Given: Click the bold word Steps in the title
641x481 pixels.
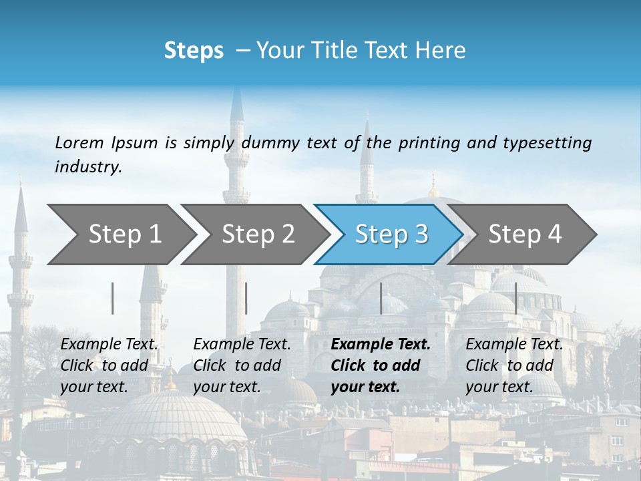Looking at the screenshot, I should click(x=194, y=51).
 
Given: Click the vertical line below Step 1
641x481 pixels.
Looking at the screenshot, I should click(x=113, y=298).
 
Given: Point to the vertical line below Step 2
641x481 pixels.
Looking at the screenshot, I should click(x=246, y=298).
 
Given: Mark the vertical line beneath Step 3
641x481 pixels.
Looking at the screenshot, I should click(x=381, y=298).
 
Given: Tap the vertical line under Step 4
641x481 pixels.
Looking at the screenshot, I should click(x=515, y=298).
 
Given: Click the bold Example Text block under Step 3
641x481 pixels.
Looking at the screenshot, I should click(x=381, y=365).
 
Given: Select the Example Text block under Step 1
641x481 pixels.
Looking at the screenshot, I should click(x=109, y=365).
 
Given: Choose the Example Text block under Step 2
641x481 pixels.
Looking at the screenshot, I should click(x=242, y=365).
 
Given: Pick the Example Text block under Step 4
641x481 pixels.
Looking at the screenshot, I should click(x=514, y=365).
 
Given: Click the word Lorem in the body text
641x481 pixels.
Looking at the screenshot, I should click(x=79, y=142).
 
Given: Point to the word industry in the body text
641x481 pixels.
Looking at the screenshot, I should click(x=88, y=167).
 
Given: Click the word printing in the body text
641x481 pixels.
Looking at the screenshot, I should click(x=425, y=143).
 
